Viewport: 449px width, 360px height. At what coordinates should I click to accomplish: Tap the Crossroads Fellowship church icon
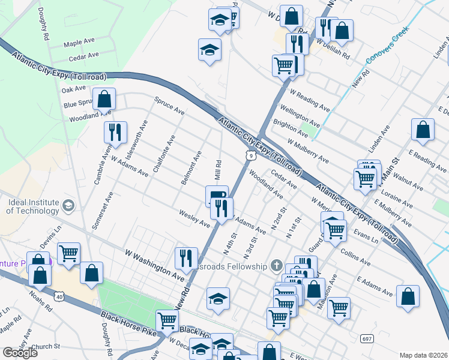tap(277, 265)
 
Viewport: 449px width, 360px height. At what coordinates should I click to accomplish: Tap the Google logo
tap(20, 353)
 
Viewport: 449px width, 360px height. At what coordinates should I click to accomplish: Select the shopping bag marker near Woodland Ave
tap(104, 100)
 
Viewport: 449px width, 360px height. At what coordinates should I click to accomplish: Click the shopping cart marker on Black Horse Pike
tap(167, 320)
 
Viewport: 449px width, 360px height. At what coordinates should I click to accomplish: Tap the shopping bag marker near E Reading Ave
tap(423, 130)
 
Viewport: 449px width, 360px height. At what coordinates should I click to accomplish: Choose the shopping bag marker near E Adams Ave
tap(408, 296)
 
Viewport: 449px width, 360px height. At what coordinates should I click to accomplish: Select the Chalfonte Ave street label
tap(164, 154)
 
